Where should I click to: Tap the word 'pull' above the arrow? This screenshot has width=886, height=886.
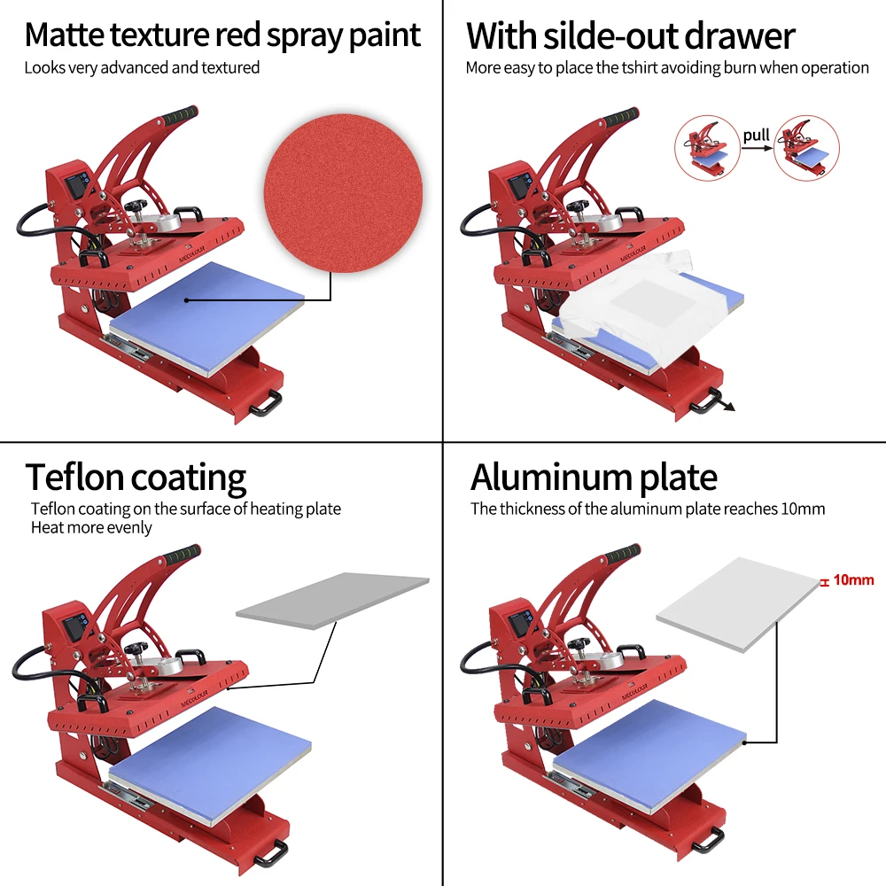pyautogui.click(x=756, y=135)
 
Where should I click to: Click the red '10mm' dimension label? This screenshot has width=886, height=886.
pyautogui.click(x=853, y=580)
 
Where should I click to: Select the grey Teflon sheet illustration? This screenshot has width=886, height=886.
pyautogui.click(x=332, y=600)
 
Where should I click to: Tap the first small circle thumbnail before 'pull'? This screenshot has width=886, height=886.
pyautogui.click(x=707, y=148)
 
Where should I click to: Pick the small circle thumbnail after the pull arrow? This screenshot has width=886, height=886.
pyautogui.click(x=805, y=148)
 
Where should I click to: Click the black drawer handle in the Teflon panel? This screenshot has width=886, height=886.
pyautogui.click(x=269, y=851)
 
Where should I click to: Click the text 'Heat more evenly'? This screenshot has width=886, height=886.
pyautogui.click(x=91, y=528)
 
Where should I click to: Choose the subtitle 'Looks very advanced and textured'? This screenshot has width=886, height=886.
pyautogui.click(x=142, y=67)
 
